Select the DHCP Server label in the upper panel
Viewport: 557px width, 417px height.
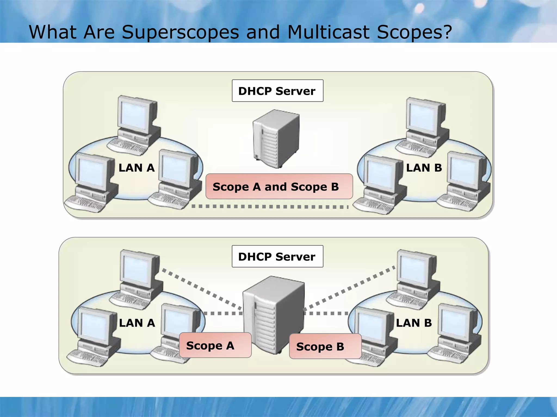[x=277, y=91]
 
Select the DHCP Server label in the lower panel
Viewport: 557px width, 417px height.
[x=277, y=257]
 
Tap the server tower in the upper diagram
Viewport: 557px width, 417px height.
[x=276, y=138]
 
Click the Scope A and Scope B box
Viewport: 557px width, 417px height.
[x=279, y=187]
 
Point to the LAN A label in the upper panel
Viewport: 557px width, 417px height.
[x=137, y=168]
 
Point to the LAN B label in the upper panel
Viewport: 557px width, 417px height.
[x=424, y=168]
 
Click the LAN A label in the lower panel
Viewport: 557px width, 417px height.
[x=137, y=323]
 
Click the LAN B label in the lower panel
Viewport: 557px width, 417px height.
[x=414, y=323]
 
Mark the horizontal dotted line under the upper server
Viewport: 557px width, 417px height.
[x=269, y=207]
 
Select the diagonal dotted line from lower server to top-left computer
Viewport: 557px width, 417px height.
[x=201, y=289]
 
